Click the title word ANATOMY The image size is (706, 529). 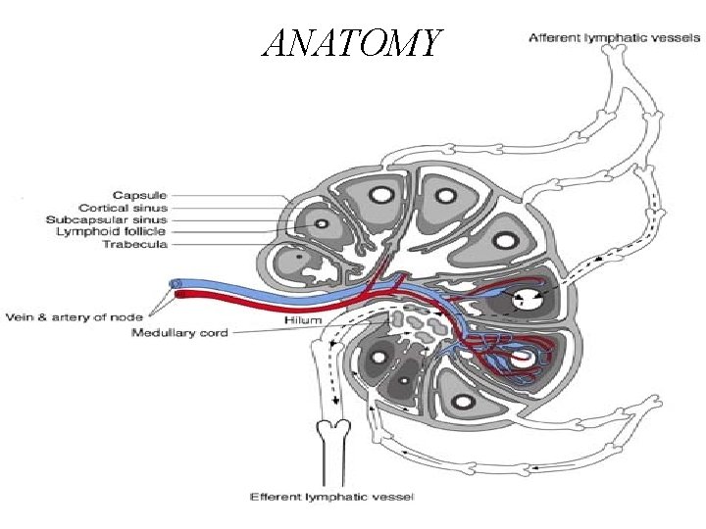pyautogui.click(x=352, y=42)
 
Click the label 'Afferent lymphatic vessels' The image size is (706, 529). pyautogui.click(x=614, y=38)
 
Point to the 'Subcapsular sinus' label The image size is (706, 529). pyautogui.click(x=107, y=219)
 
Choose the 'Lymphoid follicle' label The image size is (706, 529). pyautogui.click(x=113, y=231)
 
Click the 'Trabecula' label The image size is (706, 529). pyautogui.click(x=136, y=244)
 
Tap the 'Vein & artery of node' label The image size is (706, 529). pyautogui.click(x=75, y=316)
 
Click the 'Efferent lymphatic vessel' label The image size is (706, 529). pyautogui.click(x=332, y=497)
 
